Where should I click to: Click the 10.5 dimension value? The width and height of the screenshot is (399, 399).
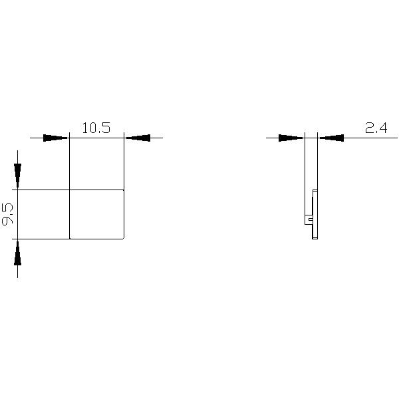click(x=96, y=128)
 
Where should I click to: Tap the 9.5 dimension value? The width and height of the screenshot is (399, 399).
click(x=7, y=214)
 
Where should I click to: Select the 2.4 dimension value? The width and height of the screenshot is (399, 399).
click(x=376, y=128)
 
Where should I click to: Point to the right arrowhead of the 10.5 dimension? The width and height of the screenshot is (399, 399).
click(x=138, y=138)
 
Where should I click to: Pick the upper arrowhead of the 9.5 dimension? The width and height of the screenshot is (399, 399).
click(x=17, y=176)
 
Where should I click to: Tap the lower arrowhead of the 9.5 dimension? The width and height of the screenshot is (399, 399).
click(x=17, y=253)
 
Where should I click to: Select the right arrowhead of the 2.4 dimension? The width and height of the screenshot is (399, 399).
click(x=331, y=138)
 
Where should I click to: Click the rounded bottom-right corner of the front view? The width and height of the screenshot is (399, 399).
click(x=123, y=238)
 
